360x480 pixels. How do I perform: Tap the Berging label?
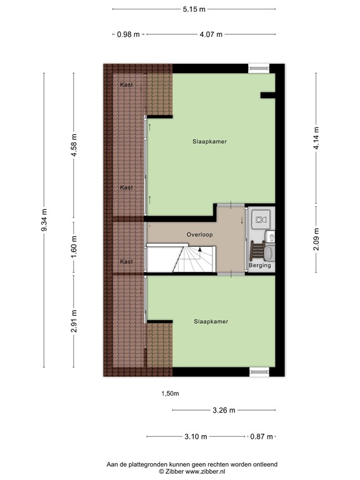tap(259, 266)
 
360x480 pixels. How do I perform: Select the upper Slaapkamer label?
tap(209, 142)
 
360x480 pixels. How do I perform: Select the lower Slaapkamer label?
tap(211, 321)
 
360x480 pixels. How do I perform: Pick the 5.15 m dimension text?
tap(194, 9)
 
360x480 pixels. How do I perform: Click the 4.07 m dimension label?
tap(211, 34)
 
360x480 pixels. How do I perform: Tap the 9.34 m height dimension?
tap(44, 221)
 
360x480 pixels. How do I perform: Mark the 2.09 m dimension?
tap(316, 238)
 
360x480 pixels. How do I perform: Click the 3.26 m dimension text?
tap(223, 411)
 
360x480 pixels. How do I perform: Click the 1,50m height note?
tap(170, 394)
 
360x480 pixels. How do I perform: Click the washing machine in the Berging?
tap(262, 219)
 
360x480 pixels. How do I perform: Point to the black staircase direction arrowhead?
tap(200, 249)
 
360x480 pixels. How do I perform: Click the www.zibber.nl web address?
tap(203, 472)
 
